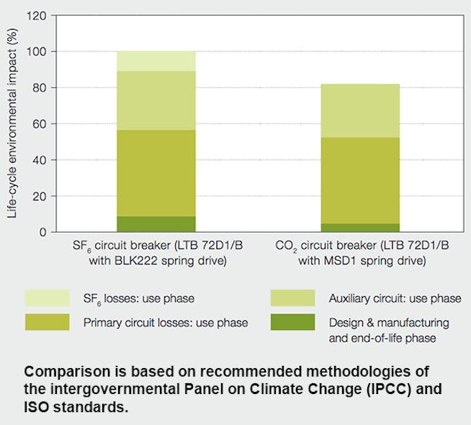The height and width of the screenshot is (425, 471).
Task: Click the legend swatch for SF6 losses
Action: [47, 297]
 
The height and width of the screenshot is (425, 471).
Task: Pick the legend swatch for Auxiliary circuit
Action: [292, 297]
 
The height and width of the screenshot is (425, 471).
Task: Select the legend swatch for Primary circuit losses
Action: [47, 322]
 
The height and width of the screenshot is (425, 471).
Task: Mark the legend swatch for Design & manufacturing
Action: [292, 322]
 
